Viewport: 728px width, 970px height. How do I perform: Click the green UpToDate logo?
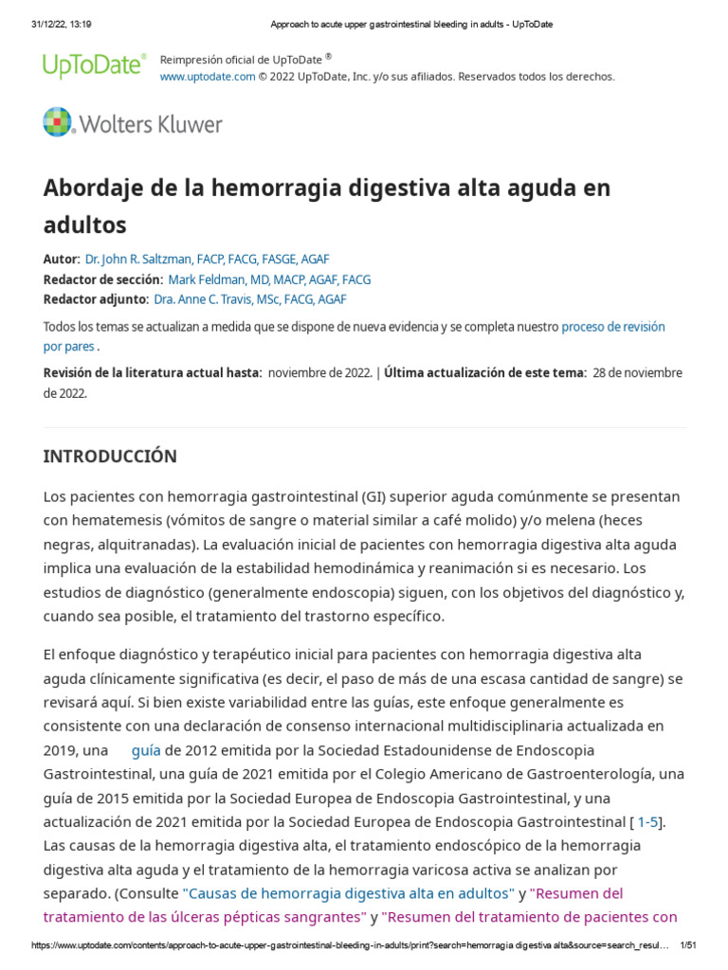coord(94,64)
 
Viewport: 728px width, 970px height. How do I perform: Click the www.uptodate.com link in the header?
coord(208,77)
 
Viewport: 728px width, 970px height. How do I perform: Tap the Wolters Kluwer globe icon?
coord(57,122)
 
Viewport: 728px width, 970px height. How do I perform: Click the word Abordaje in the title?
coord(91,188)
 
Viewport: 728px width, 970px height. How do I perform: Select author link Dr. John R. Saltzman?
coord(207,259)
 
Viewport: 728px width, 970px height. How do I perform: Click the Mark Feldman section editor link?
coord(269,279)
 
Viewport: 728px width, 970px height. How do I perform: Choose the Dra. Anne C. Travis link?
coord(249,299)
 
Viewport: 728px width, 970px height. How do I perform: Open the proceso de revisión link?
coord(612,327)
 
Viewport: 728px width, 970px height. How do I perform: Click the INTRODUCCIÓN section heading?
coord(110,456)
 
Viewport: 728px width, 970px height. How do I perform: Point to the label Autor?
coord(62,259)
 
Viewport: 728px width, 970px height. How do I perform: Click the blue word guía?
coord(146,749)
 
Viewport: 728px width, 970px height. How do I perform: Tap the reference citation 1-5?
coord(648,821)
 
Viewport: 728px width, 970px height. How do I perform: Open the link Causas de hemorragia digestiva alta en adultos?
coord(348,892)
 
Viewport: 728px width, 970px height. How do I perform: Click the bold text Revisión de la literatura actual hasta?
coord(152,372)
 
